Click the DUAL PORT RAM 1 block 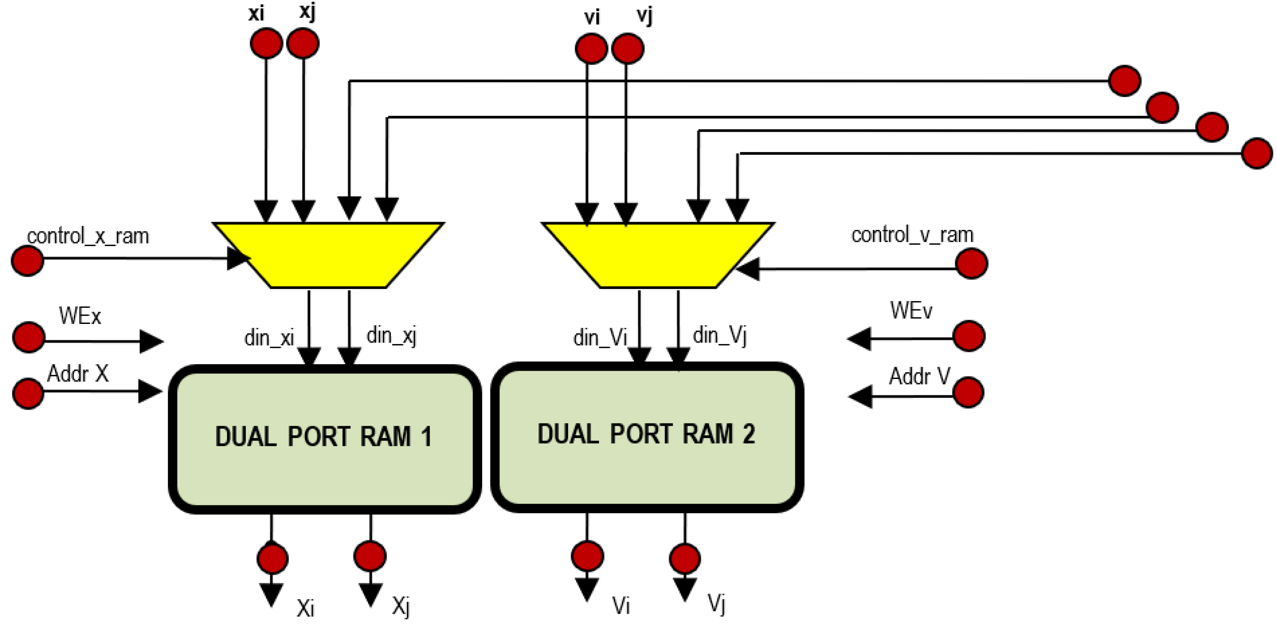[x=325, y=438]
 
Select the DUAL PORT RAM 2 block [x=647, y=436]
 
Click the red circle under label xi [x=266, y=43]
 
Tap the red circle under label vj [x=628, y=49]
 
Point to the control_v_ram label [x=912, y=235]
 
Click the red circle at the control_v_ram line [x=971, y=264]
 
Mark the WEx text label [x=80, y=316]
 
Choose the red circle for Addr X [x=28, y=393]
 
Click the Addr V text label [x=919, y=376]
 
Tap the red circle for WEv [x=969, y=336]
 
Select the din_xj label [x=391, y=335]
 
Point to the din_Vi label [x=600, y=337]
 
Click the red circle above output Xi [x=272, y=558]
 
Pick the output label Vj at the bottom [x=716, y=603]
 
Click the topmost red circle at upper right [x=1124, y=80]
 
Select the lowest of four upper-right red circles [x=1257, y=153]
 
